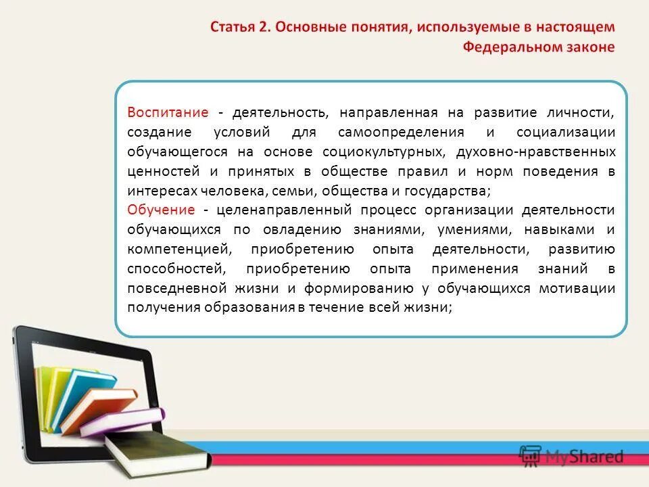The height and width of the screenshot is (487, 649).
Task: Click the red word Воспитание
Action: point(168,112)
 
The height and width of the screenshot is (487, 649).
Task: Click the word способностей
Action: point(173,269)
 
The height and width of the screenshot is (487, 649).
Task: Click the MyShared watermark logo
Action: point(571,457)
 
